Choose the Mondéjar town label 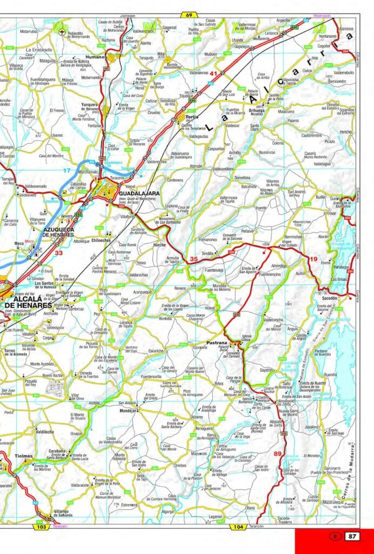point(128,411)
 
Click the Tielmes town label point(24,456)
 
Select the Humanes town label point(96,57)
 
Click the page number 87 point(352,536)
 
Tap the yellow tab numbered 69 point(188,15)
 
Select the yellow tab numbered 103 point(41,526)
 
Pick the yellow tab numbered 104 point(237,526)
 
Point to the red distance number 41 point(214,73)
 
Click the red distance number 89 point(278,453)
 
